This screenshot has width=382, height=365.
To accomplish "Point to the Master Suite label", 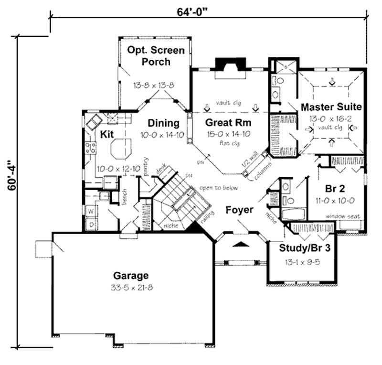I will [x=331, y=106].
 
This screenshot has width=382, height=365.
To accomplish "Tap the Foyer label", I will [x=239, y=210].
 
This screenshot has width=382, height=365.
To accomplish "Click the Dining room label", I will [x=163, y=123].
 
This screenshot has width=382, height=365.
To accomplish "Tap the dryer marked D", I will [x=90, y=223].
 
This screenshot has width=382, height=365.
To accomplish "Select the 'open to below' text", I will [x=219, y=188].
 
